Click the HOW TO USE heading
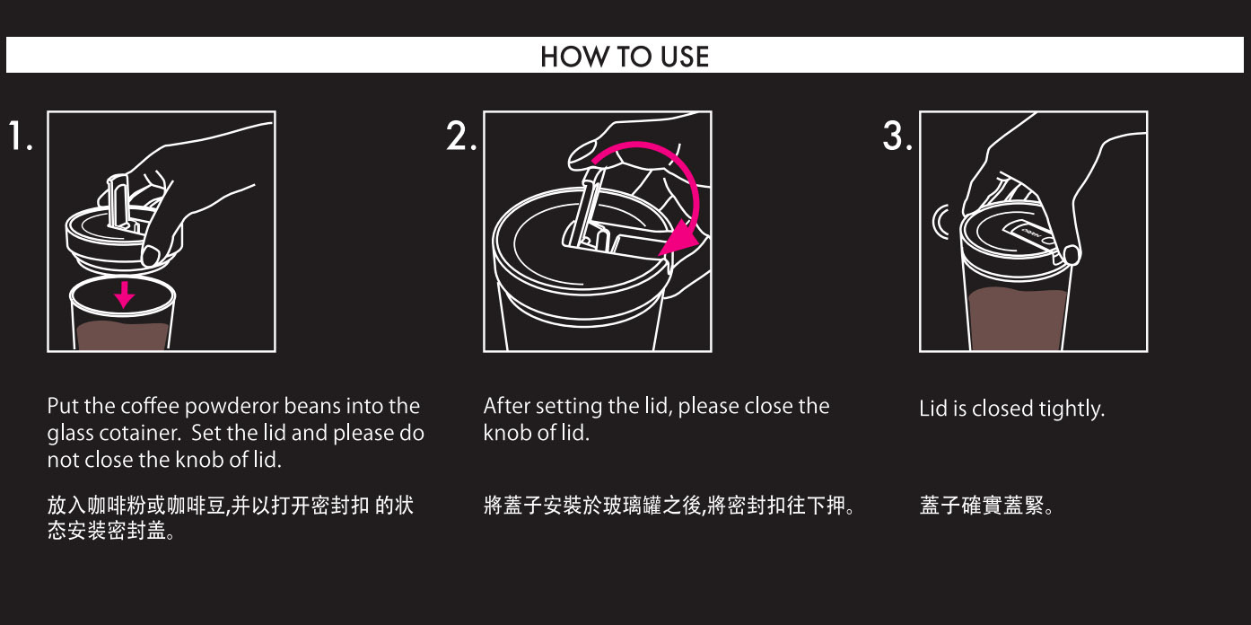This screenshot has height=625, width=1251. (625, 57)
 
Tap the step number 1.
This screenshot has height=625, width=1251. (20, 136)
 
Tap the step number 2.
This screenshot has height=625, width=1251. (460, 136)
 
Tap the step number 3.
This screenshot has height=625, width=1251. (897, 136)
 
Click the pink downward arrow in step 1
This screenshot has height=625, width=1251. (124, 294)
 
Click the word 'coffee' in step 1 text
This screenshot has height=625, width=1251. (151, 406)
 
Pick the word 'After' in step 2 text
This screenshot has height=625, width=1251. (506, 406)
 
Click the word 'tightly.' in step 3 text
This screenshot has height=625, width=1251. (1072, 409)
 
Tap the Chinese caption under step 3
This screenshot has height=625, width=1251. (985, 505)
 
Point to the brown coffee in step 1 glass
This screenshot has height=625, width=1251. (122, 336)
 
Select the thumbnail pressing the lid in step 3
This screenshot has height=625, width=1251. (1072, 255)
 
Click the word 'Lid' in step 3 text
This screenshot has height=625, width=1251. (932, 408)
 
